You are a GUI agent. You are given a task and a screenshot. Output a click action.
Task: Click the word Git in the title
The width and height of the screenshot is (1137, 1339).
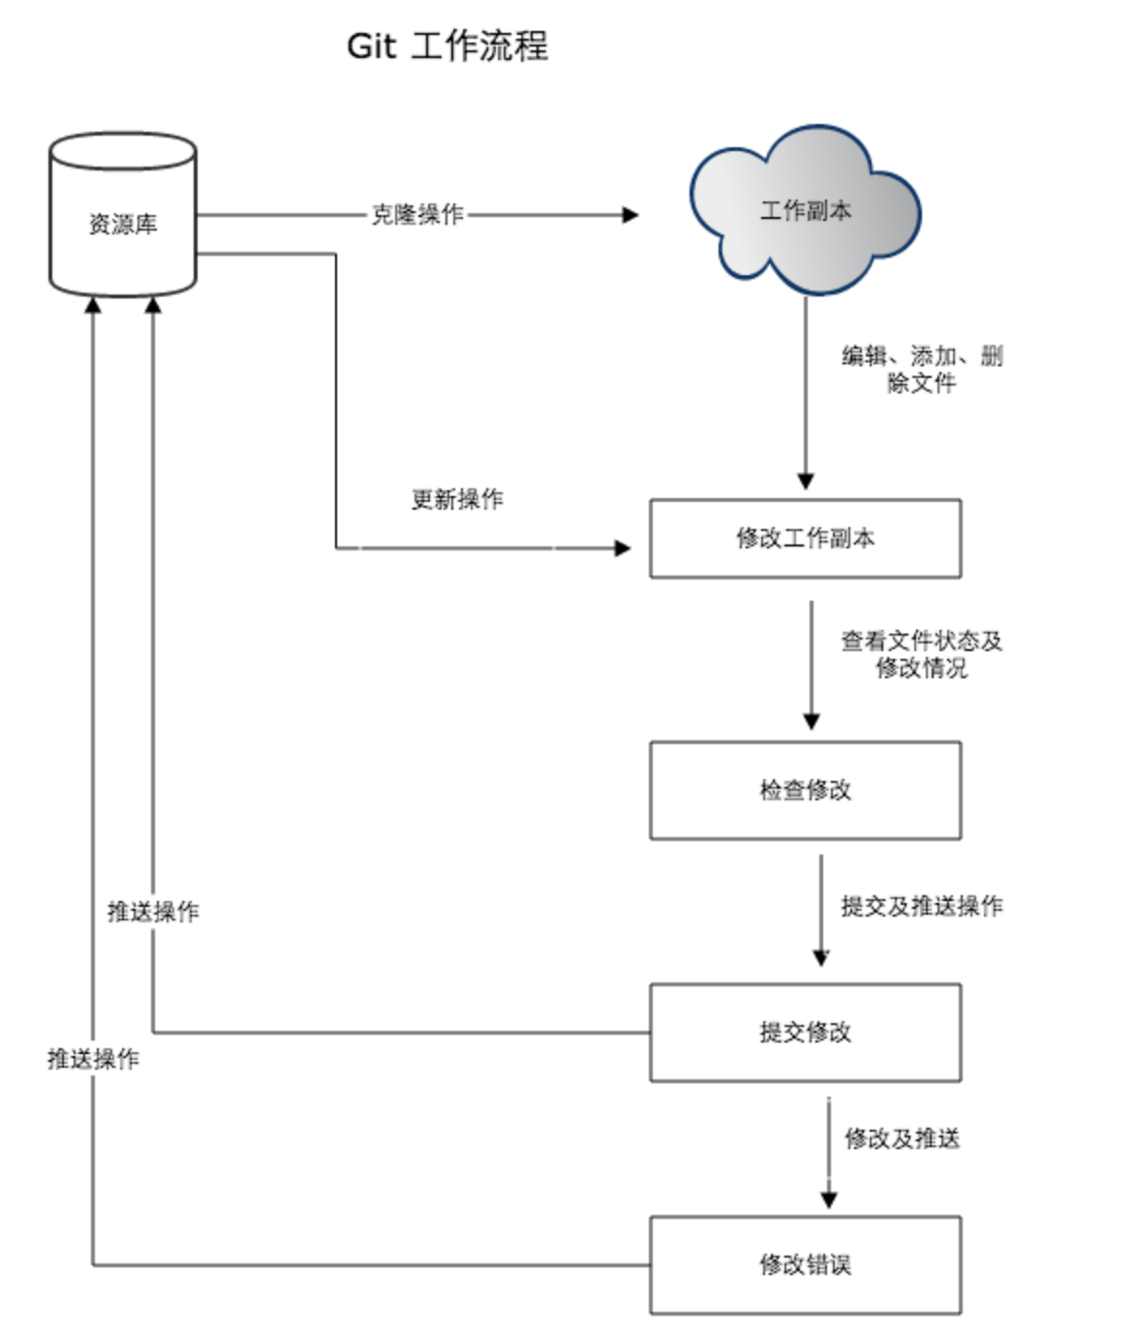(x=371, y=47)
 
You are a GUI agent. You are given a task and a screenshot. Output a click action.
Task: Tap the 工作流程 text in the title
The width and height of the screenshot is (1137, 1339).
(x=479, y=47)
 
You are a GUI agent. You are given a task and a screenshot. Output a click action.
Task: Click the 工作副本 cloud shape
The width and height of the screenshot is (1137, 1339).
(x=805, y=210)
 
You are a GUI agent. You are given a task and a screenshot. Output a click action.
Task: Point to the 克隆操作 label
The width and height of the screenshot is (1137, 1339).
(x=417, y=214)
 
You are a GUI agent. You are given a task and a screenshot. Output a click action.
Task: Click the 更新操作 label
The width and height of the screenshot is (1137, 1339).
(x=457, y=499)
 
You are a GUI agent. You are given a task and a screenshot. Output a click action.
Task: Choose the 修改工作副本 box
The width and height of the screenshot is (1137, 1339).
(x=805, y=539)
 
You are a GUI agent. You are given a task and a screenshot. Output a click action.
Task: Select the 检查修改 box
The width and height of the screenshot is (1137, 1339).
(x=805, y=791)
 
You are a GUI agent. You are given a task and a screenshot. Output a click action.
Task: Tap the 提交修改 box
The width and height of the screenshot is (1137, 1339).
(x=805, y=1033)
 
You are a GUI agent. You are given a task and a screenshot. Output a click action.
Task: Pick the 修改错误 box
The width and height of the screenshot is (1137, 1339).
(x=805, y=1265)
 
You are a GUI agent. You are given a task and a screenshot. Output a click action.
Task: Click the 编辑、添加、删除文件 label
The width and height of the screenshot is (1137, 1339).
(x=922, y=369)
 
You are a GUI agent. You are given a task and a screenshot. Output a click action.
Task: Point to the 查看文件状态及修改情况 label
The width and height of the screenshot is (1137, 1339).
(x=922, y=654)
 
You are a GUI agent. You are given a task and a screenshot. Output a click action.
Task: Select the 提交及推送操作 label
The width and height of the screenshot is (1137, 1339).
(x=922, y=906)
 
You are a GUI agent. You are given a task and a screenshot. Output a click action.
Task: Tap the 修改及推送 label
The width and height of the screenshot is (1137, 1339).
(x=903, y=1138)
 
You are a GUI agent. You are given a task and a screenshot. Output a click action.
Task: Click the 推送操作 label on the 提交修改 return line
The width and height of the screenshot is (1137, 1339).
(x=153, y=912)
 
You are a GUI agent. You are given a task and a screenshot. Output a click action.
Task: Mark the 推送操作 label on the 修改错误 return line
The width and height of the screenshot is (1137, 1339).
(x=93, y=1059)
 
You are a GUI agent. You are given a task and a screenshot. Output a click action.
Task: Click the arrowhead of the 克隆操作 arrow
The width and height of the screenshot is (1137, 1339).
(x=630, y=215)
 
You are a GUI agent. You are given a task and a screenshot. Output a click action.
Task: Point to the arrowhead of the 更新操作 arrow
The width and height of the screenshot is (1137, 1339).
(x=623, y=548)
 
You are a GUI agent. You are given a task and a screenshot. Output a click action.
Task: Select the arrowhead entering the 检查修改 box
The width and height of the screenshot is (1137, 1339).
(x=812, y=722)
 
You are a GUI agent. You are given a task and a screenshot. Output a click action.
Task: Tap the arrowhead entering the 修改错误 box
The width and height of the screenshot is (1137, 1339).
(x=828, y=1200)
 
